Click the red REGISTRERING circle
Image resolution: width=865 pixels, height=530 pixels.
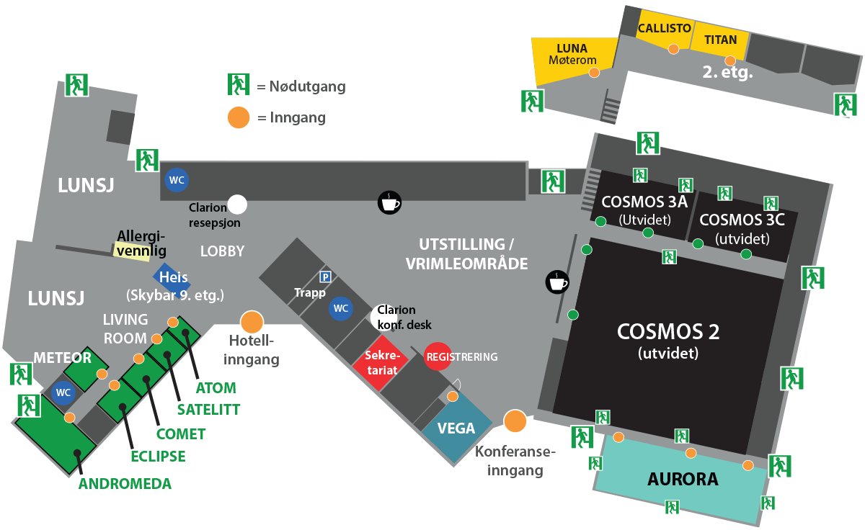(438, 356)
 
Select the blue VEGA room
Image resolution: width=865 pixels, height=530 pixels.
(456, 429)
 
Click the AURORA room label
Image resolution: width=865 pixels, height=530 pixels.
(682, 479)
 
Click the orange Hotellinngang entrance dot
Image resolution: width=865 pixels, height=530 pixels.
(252, 322)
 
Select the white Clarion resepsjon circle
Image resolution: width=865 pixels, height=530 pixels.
(237, 205)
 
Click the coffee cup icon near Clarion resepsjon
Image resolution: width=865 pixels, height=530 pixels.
(389, 202)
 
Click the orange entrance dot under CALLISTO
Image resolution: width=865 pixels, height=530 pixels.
(673, 49)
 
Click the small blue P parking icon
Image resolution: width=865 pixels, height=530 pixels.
(325, 277)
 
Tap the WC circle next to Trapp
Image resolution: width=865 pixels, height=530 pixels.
(340, 309)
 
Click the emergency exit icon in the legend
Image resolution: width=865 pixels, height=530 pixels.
(238, 84)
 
